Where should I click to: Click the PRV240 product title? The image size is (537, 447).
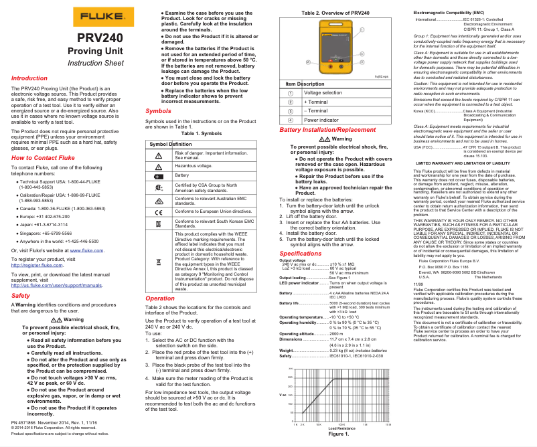coord(99,38)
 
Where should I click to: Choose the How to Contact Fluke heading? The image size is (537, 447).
coord(46,158)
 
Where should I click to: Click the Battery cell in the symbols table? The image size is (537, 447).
coord(182,175)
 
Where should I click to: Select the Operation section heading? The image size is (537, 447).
coord(160,298)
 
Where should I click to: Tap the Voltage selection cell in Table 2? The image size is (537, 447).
coord(322,92)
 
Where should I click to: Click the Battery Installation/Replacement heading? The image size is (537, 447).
coord(323,129)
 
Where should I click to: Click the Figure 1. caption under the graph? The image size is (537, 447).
coord(338,434)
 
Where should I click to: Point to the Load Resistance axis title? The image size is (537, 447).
coord(341,428)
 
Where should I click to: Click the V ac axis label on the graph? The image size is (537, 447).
coord(283,395)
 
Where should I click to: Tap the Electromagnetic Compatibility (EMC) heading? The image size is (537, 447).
coord(449,13)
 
